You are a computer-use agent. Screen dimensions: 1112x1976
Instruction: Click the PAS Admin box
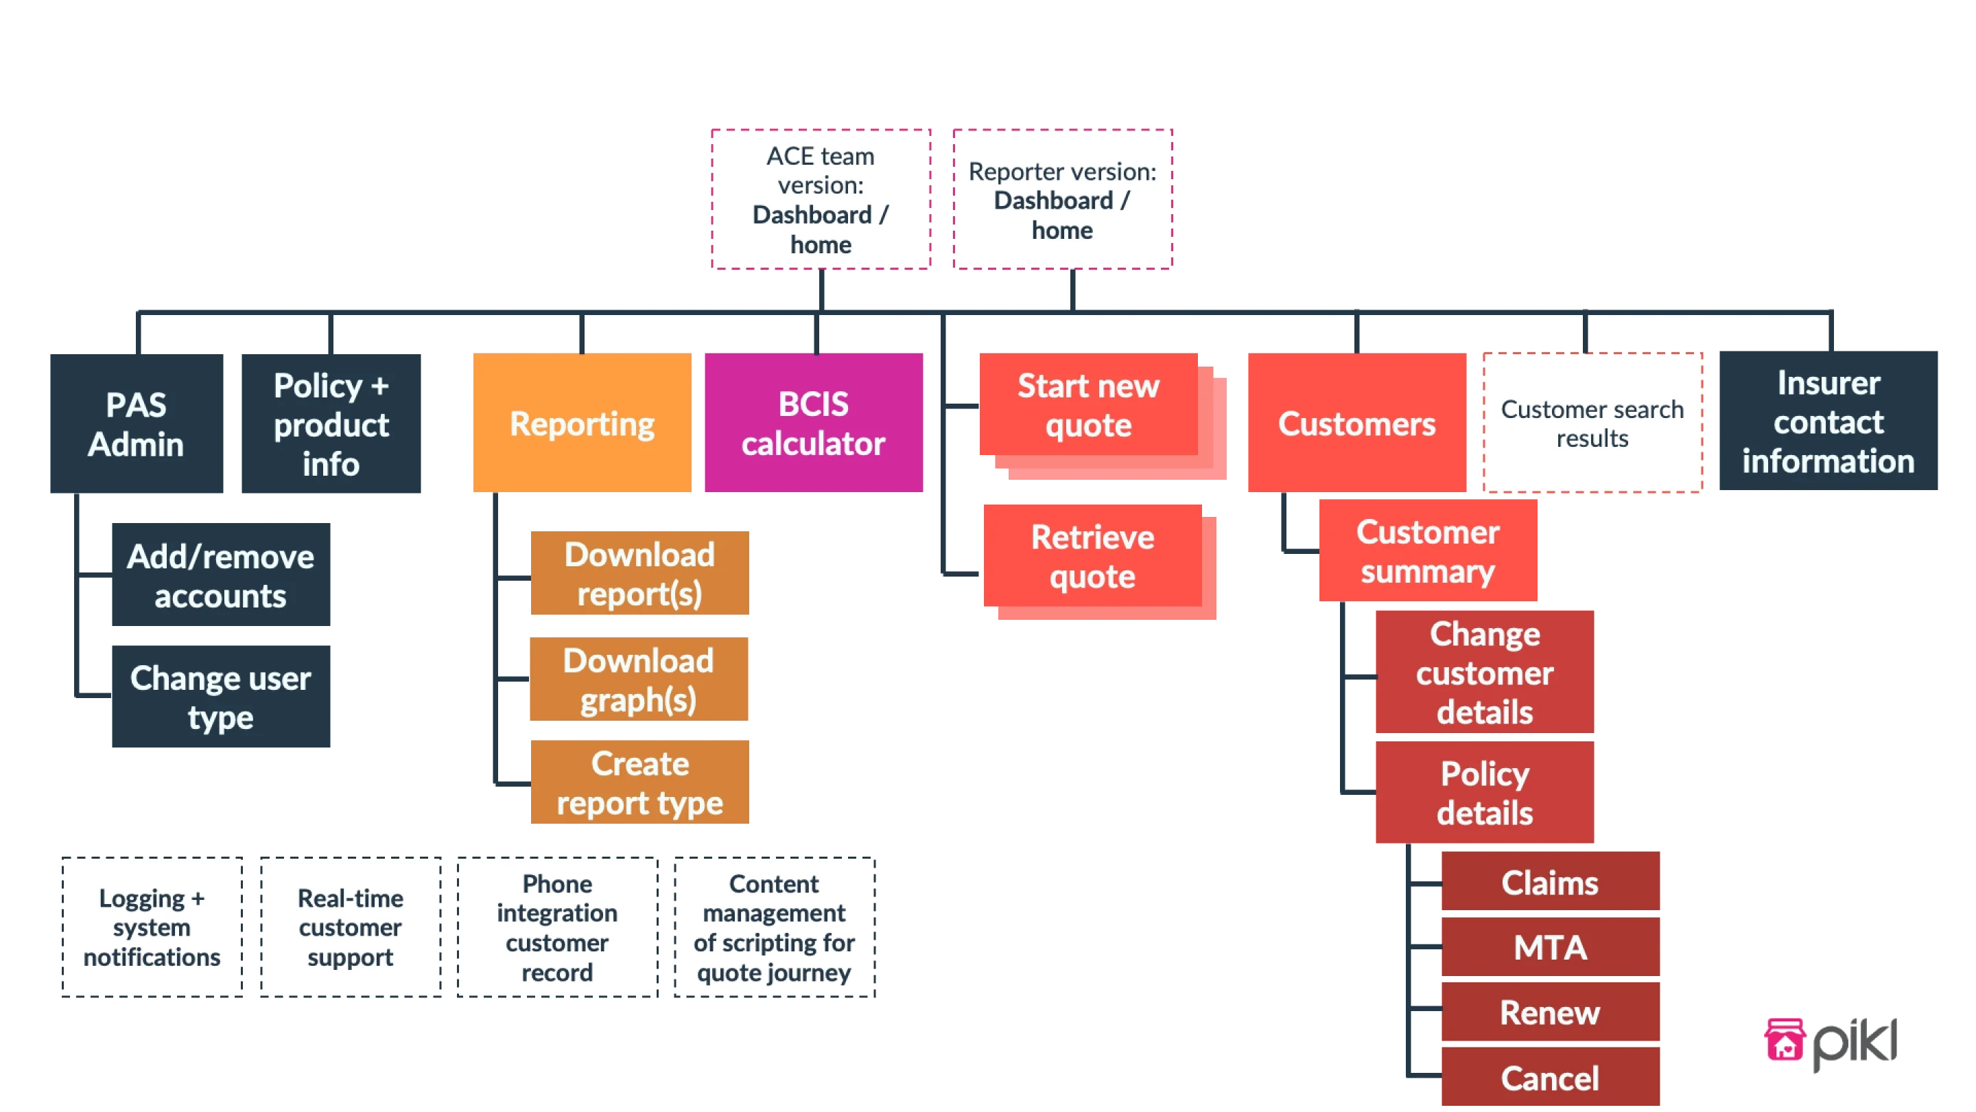pos(137,423)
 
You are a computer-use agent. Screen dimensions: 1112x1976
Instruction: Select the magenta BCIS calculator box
pos(814,423)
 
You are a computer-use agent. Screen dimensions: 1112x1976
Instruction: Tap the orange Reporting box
pos(581,423)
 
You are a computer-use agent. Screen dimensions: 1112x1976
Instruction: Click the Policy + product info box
pos(331,423)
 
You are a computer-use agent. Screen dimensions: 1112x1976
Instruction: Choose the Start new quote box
pos(1087,404)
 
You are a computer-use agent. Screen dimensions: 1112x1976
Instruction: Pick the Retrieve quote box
pos(1092,555)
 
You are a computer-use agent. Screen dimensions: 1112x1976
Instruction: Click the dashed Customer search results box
pos(1592,423)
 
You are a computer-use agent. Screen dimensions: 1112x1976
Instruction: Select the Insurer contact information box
pos(1828,421)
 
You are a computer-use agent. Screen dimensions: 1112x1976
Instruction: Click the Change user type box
pos(221,697)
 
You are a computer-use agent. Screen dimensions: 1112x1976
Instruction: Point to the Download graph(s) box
pos(638,680)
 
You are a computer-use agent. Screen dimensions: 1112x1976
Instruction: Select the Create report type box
pos(639,782)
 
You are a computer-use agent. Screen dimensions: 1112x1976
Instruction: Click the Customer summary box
pos(1428,551)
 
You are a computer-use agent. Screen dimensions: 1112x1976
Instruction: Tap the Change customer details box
pos(1484,672)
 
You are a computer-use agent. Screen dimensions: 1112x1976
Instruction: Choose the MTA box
pos(1549,947)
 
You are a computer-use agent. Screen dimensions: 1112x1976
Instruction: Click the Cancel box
pos(1549,1078)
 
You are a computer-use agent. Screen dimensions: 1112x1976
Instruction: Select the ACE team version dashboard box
pos(820,199)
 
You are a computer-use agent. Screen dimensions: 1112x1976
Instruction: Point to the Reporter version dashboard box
pos(1061,199)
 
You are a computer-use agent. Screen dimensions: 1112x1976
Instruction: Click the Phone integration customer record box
pos(557,927)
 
